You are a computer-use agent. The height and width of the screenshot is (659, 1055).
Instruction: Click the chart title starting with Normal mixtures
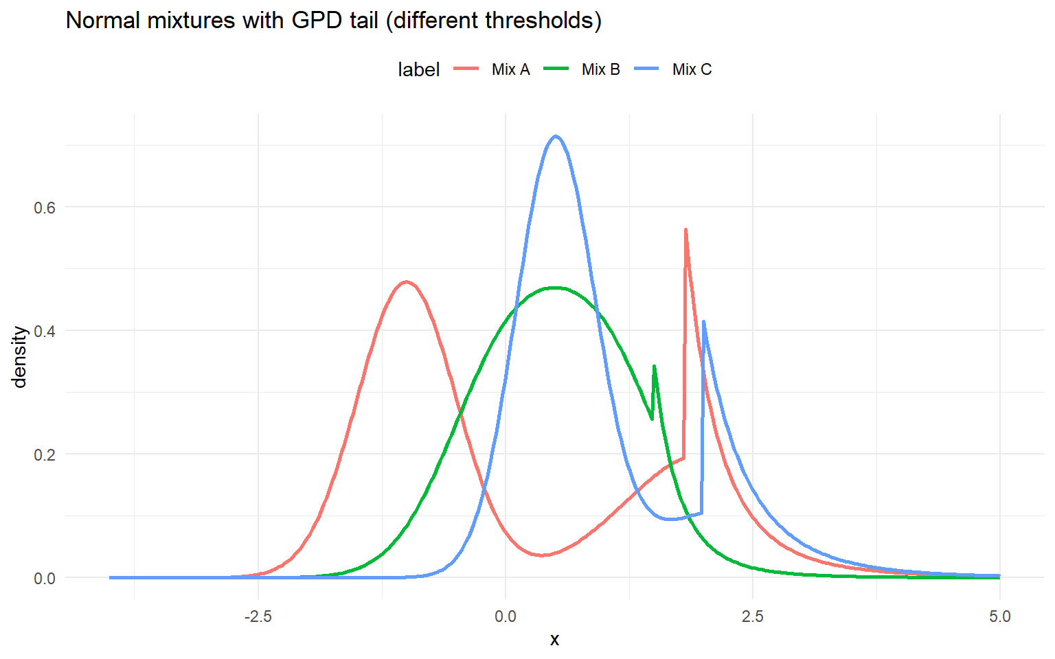[x=334, y=21]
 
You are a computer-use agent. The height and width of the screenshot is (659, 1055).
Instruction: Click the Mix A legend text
[x=510, y=69]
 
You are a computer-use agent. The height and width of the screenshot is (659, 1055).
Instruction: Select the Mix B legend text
[x=600, y=69]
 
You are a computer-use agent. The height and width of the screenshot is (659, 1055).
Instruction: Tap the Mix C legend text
[x=692, y=69]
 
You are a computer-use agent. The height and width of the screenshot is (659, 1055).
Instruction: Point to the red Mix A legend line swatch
[x=467, y=69]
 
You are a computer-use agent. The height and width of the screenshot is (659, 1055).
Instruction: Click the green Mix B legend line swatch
[x=556, y=69]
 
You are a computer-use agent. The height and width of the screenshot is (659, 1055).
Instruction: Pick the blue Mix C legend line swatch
[x=647, y=69]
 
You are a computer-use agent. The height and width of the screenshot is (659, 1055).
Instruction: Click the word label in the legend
[x=418, y=69]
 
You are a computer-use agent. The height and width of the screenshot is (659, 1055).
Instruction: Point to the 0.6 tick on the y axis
[x=45, y=207]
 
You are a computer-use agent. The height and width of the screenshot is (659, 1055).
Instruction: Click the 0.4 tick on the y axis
[x=45, y=331]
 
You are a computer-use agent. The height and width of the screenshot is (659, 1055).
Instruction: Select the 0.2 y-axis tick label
[x=45, y=454]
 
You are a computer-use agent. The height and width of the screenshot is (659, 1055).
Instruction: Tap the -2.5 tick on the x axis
[x=258, y=616]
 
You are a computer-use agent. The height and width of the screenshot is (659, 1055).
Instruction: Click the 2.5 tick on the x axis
[x=753, y=616]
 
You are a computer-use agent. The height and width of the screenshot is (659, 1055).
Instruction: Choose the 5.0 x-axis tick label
[x=1000, y=616]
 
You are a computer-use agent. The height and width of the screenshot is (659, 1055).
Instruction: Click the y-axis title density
[x=20, y=357]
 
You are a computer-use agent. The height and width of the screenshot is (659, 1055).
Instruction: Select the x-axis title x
[x=554, y=640]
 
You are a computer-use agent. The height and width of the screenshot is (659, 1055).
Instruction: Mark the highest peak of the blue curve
[x=555, y=136]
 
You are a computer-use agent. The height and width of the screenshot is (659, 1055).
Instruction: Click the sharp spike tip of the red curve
[x=685, y=230]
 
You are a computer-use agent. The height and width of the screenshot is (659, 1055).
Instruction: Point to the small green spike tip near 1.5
[x=654, y=367]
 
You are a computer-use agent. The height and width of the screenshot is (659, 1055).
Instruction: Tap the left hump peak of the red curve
[x=407, y=281]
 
